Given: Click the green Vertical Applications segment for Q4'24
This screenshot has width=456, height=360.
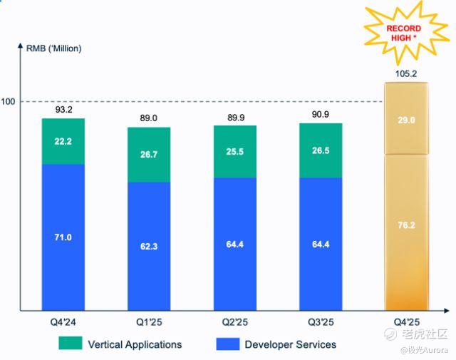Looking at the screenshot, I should click(x=63, y=141).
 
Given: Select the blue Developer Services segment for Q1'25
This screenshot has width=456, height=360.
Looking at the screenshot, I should click(x=149, y=246).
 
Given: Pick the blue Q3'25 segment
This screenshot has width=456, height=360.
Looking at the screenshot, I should click(x=321, y=244).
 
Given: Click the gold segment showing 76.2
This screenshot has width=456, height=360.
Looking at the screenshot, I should click(x=406, y=233).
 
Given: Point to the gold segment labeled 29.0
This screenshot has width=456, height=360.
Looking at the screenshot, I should click(x=406, y=119).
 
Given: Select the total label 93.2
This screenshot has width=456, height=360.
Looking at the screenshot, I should click(x=63, y=110).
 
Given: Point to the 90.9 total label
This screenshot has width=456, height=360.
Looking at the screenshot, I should click(x=321, y=114).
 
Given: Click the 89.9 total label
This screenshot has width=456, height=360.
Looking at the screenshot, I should click(x=235, y=116).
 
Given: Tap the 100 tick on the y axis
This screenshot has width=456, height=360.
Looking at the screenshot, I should click(x=9, y=102).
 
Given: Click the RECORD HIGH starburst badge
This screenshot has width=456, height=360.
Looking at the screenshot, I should click(x=404, y=32).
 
